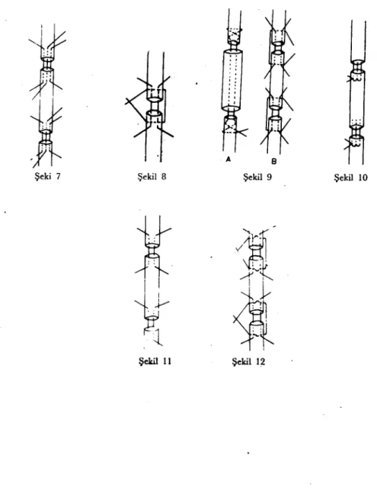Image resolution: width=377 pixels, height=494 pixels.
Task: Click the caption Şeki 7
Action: coord(47,176)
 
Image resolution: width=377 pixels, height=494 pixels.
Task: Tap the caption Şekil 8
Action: coord(152,176)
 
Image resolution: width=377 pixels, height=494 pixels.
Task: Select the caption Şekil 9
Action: coord(257,177)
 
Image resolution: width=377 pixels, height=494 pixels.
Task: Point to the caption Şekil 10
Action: coord(350,178)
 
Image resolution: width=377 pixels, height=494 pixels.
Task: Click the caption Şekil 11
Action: coord(155,361)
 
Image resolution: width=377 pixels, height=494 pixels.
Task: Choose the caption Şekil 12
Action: coord(248,361)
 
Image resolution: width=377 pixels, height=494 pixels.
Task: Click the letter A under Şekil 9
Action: coord(228,160)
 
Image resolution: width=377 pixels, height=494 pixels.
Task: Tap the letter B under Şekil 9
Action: coord(273,162)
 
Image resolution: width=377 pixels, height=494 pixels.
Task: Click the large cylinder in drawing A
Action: coord(232,80)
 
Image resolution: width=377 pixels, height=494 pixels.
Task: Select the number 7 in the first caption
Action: coord(57,176)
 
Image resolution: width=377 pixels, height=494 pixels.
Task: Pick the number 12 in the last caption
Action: coord(260,361)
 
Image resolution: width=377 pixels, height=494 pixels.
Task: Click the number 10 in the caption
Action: coord(363,178)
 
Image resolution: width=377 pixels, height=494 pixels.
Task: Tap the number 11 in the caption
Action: coord(167,361)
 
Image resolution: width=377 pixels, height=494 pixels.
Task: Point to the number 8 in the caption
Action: coord(163,176)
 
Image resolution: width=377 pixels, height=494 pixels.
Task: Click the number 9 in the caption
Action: coord(268,177)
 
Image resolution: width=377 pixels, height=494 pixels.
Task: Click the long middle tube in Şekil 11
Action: coord(152,287)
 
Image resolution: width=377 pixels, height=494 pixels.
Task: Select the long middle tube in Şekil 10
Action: coord(357,99)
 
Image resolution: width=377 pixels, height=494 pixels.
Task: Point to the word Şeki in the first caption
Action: coord(43,176)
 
